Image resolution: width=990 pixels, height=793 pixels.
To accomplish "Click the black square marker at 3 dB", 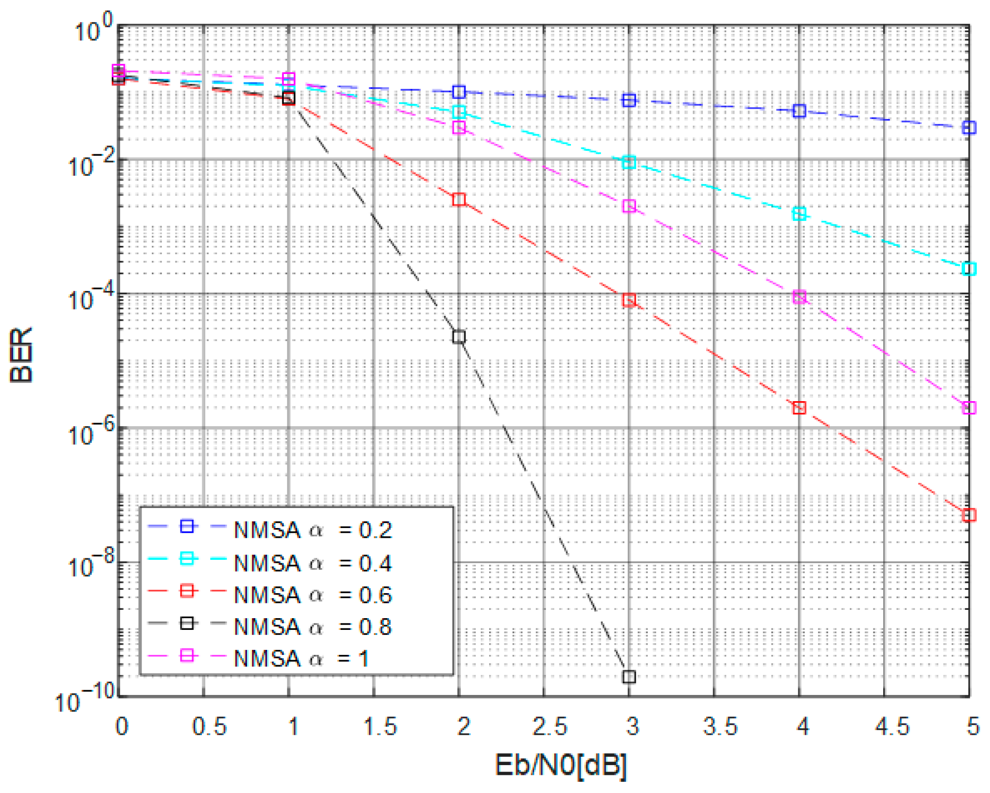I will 629,677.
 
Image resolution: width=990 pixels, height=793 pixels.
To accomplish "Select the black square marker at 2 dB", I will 459,337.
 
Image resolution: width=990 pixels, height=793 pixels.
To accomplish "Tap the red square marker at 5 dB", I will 969,515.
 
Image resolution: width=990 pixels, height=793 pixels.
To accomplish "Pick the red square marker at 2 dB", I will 459,199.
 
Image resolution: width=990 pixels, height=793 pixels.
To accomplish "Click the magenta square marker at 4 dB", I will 799,297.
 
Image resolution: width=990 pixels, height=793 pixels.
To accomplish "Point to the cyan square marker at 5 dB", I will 969,268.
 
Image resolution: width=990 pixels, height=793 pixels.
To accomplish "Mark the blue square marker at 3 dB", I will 629,100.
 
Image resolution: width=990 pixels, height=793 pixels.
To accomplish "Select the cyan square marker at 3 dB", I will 629,162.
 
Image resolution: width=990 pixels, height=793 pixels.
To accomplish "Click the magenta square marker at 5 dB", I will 969,408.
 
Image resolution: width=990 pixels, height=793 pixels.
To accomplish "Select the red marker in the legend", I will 187,591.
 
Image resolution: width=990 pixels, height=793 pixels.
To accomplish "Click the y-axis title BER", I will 22,355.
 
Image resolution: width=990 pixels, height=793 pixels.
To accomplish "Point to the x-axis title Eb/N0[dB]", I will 561,765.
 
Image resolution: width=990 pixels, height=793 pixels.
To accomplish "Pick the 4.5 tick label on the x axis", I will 891,726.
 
